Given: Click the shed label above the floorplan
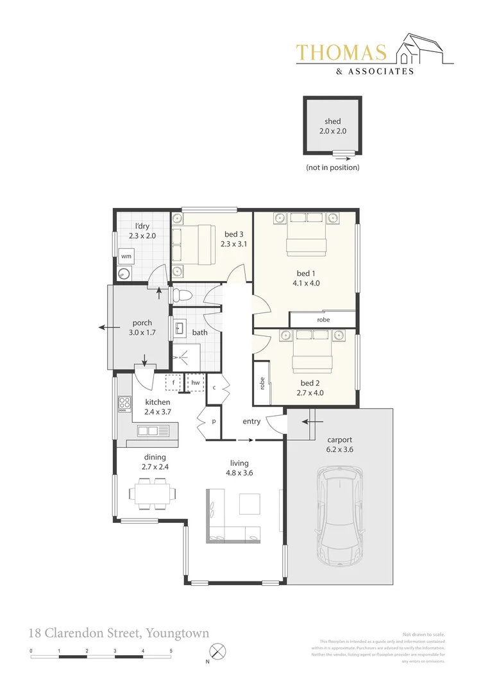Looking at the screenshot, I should [x=332, y=121].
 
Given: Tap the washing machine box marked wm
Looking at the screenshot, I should [x=126, y=256].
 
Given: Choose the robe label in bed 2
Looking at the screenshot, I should [x=262, y=384].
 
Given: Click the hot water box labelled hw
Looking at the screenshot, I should [x=194, y=382].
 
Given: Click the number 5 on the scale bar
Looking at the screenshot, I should [x=171, y=651].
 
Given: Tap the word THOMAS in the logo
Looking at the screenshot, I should [x=342, y=53].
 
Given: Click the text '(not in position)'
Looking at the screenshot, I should [x=332, y=167].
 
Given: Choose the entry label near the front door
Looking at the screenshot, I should [x=251, y=422].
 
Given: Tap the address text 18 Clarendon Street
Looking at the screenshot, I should [x=83, y=633].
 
